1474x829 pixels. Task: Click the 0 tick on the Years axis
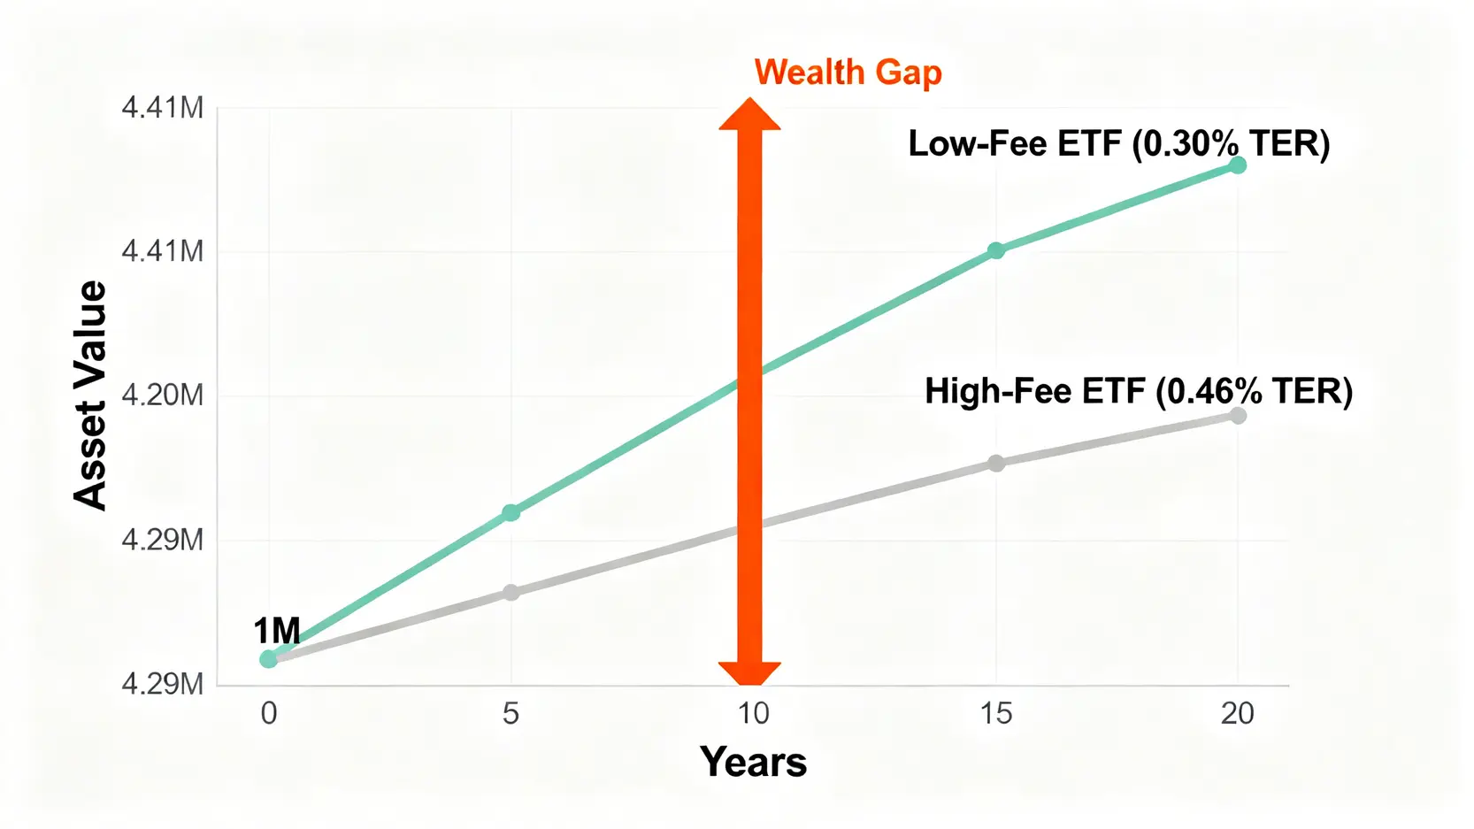268,714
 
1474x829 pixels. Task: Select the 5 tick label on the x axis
511,714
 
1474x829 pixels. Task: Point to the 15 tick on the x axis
995,714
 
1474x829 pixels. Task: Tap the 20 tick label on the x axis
1238,714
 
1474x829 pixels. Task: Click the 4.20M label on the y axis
163,396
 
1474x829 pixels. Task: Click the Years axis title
753,762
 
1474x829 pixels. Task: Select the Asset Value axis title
89,395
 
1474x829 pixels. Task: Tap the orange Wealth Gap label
848,73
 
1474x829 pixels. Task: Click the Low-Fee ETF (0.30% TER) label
1118,143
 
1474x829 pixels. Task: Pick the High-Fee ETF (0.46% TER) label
1139,391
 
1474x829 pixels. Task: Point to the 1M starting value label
276,631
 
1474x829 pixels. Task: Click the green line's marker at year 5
511,512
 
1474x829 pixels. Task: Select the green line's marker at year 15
996,250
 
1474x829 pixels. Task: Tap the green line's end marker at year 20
1238,165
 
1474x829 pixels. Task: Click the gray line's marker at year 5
511,593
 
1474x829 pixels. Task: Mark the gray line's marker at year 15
996,464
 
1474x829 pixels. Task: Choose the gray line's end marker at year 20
1238,415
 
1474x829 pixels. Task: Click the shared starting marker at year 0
268,658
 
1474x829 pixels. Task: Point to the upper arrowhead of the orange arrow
749,114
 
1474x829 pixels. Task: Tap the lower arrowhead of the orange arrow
749,672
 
